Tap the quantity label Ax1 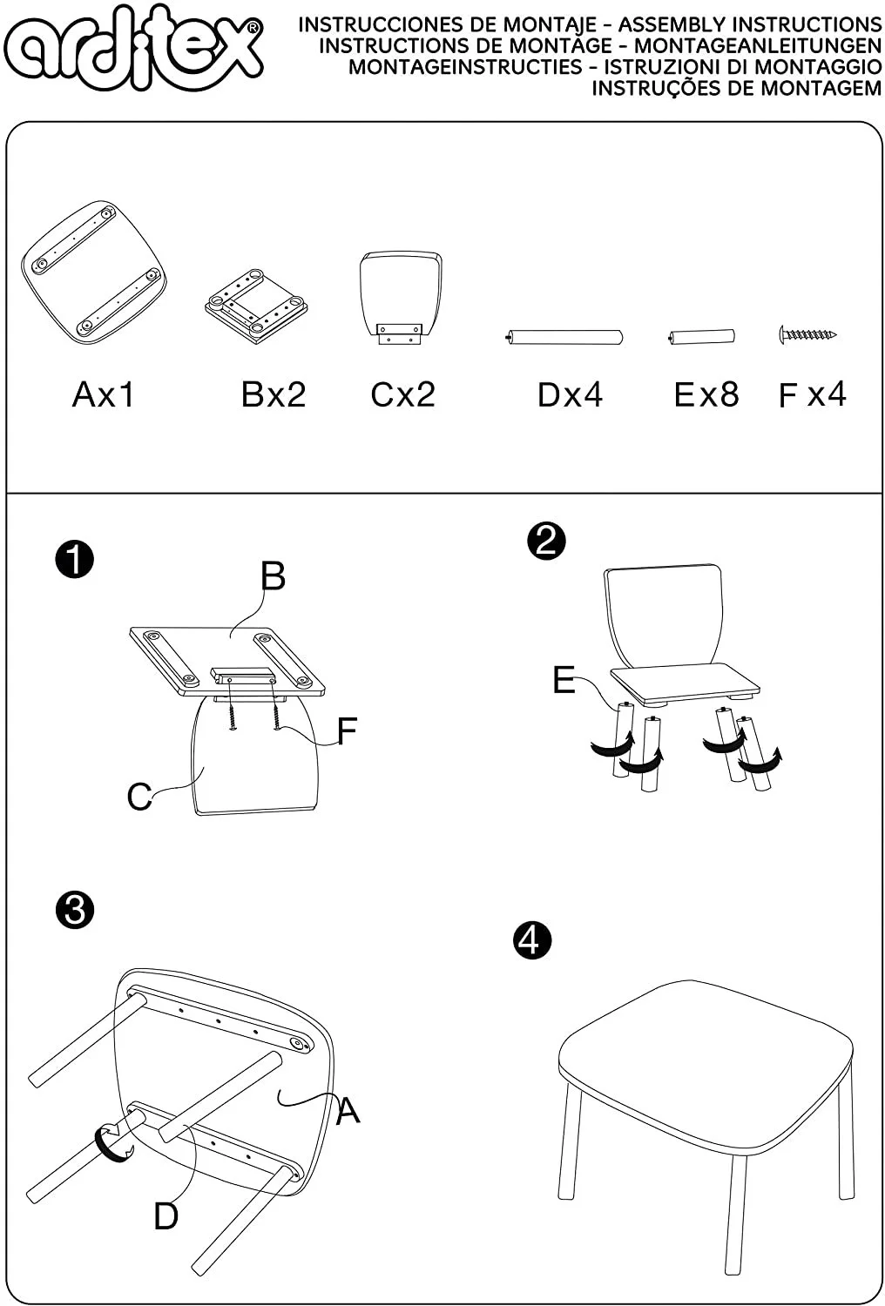[104, 394]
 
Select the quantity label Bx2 [274, 394]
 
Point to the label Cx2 [402, 394]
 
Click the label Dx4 [570, 394]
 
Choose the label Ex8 [706, 394]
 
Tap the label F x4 [812, 394]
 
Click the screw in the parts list [807, 333]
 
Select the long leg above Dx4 [564, 337]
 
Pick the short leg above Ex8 [702, 337]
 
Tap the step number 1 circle [74, 559]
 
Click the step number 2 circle [546, 541]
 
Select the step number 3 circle [74, 910]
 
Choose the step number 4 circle [532, 940]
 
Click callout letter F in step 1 [347, 731]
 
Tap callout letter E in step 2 [564, 680]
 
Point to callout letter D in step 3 [166, 1215]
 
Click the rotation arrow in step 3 [111, 1142]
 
